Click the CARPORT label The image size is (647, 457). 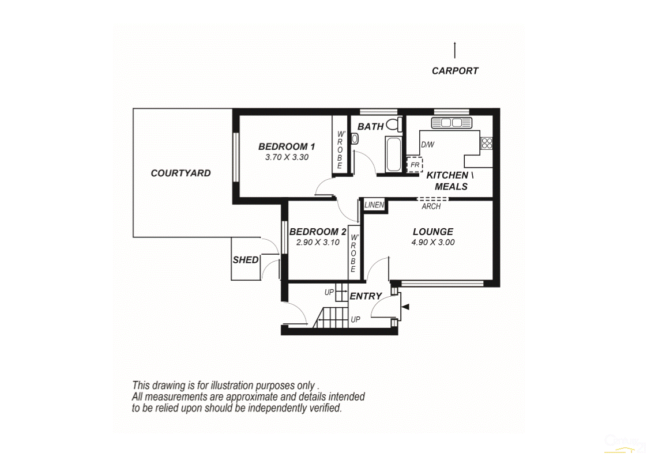[x=454, y=71]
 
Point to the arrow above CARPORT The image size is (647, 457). [x=454, y=50]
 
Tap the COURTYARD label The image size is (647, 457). [x=180, y=173]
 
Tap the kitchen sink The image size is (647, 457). [x=452, y=123]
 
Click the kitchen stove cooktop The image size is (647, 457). [x=487, y=143]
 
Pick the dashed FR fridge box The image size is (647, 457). [x=414, y=164]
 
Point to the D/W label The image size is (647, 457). [x=427, y=145]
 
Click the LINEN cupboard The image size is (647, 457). [x=374, y=205]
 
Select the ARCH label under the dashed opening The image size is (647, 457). [x=431, y=206]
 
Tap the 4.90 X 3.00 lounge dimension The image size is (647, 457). [x=432, y=243]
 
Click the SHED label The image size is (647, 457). [x=246, y=260]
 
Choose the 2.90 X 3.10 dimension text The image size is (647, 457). [x=317, y=243]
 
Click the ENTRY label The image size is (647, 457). [x=366, y=296]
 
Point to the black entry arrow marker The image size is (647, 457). [x=405, y=307]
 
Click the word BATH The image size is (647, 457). [x=370, y=126]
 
